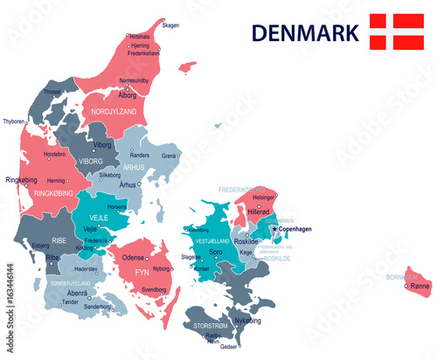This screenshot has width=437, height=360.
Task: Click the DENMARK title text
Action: (305, 32)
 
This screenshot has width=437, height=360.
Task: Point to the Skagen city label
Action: (170, 25)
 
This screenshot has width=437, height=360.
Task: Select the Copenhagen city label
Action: (296, 229)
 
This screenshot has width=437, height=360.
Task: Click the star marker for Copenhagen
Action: (274, 228)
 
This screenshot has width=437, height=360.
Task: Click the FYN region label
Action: (140, 272)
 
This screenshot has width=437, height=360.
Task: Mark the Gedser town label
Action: (229, 347)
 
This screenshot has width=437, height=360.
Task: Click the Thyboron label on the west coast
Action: (14, 121)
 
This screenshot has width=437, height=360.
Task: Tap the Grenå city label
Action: (170, 156)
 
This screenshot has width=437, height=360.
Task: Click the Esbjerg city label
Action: (41, 246)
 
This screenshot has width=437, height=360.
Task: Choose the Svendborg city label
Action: (154, 288)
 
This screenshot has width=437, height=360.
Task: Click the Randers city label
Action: (139, 155)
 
